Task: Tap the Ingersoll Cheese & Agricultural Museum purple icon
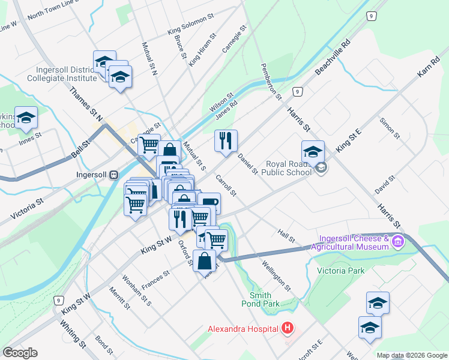pos(397,242)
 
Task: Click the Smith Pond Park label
pos(265,299)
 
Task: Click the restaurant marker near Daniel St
pos(226,142)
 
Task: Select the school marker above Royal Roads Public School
pos(313,152)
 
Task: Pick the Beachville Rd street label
pos(332,58)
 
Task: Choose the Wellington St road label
pos(276,275)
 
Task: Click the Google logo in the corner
pos(20,353)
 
